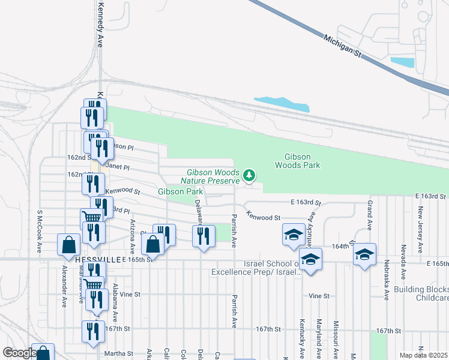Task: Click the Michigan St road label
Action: (x=344, y=46)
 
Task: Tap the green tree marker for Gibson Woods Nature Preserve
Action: (x=249, y=176)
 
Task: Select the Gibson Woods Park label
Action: (x=298, y=160)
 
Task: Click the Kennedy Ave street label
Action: (x=100, y=24)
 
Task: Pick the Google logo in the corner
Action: (x=19, y=353)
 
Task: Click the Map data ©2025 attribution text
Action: (x=424, y=355)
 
